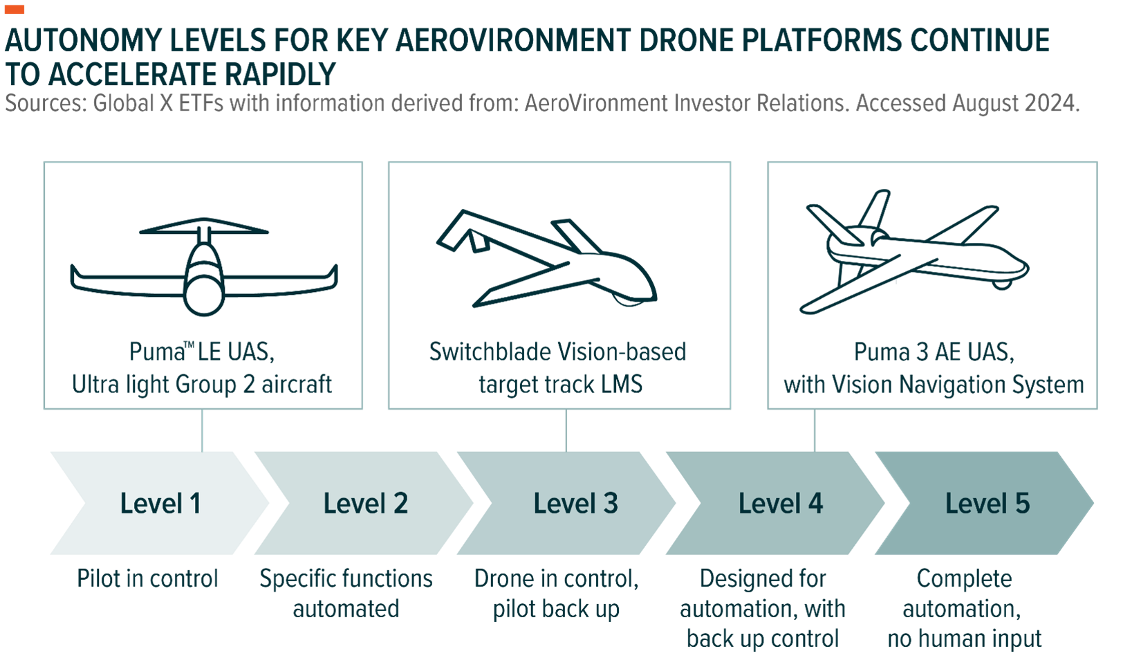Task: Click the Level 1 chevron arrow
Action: pos(160,503)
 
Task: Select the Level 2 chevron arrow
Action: pos(365,503)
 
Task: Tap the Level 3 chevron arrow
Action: pos(575,503)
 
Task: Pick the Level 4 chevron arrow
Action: pos(780,503)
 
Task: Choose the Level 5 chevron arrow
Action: pos(987,503)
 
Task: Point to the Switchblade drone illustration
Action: pos(546,259)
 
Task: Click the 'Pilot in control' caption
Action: pos(147,578)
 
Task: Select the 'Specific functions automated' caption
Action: pos(346,594)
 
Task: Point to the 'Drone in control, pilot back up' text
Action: pos(556,594)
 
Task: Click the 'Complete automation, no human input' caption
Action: pos(964,609)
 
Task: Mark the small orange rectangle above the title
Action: pos(15,9)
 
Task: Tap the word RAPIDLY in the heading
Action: pos(279,75)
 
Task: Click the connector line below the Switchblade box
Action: pos(566,430)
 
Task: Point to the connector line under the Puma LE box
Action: pos(203,430)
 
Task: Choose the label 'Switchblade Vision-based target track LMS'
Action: pos(558,368)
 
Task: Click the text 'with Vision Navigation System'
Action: pos(934,385)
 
